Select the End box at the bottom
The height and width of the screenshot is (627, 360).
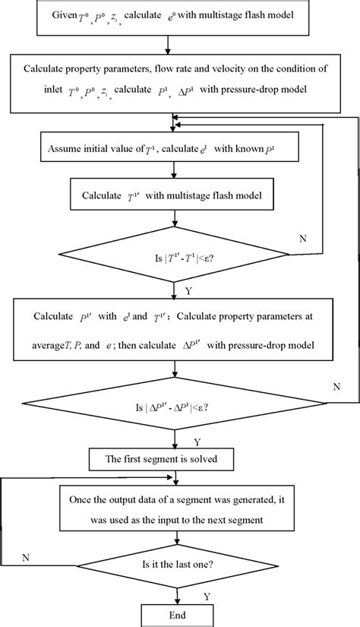coord(177,613)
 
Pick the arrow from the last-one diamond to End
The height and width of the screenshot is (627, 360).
coord(177,592)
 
